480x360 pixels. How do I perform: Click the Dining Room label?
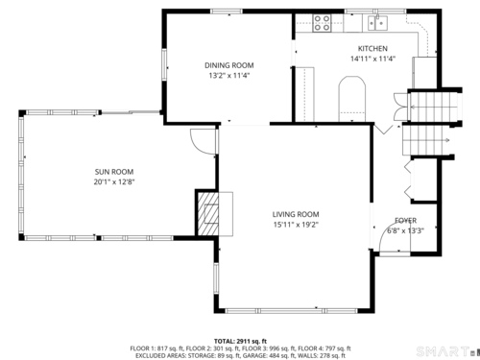coord(229,65)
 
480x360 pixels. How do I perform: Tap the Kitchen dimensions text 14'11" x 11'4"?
coord(372,59)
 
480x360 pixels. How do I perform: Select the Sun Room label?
coord(114,172)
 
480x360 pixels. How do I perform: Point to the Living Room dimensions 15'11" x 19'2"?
coord(296,225)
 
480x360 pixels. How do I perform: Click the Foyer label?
coord(406,221)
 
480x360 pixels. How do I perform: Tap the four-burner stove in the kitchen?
coord(322,23)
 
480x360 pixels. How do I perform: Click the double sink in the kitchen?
coord(377,23)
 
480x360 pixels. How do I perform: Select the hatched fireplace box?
coord(207,213)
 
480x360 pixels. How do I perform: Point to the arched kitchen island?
coord(352,99)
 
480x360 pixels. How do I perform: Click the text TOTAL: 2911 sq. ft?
coord(240,342)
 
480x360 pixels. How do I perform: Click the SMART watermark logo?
coord(444,351)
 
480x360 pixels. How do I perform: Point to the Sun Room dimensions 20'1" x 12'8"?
coord(114,182)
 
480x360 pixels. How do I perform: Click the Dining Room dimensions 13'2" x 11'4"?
coord(229,76)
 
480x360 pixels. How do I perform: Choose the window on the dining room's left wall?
coord(164,64)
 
